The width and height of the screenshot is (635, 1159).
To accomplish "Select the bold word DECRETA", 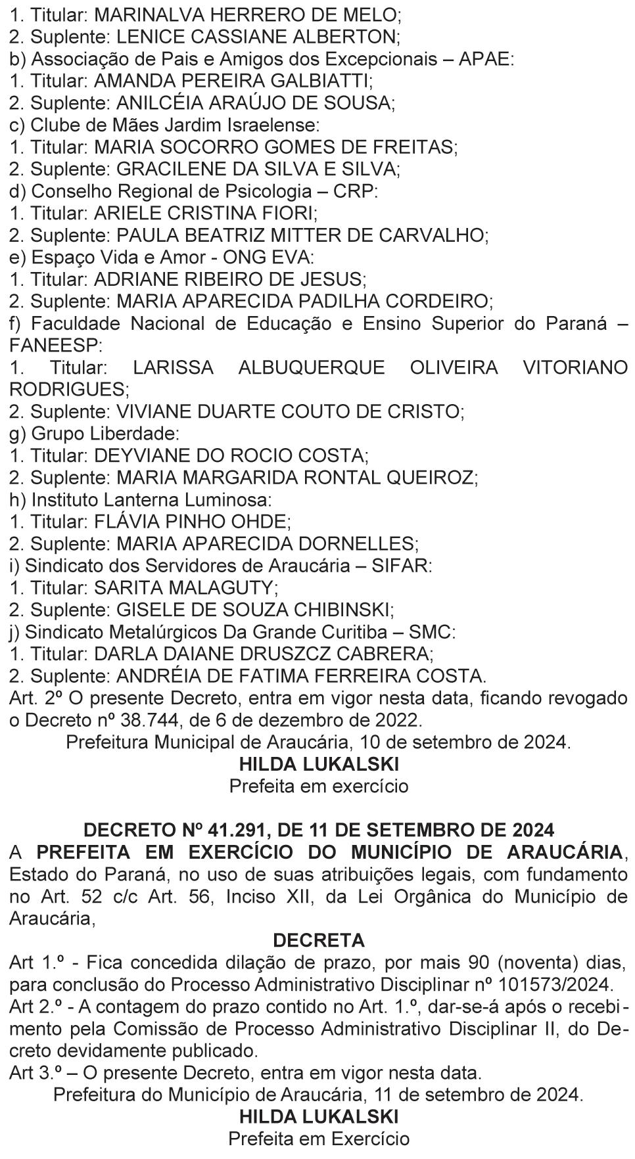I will coord(318,940).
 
